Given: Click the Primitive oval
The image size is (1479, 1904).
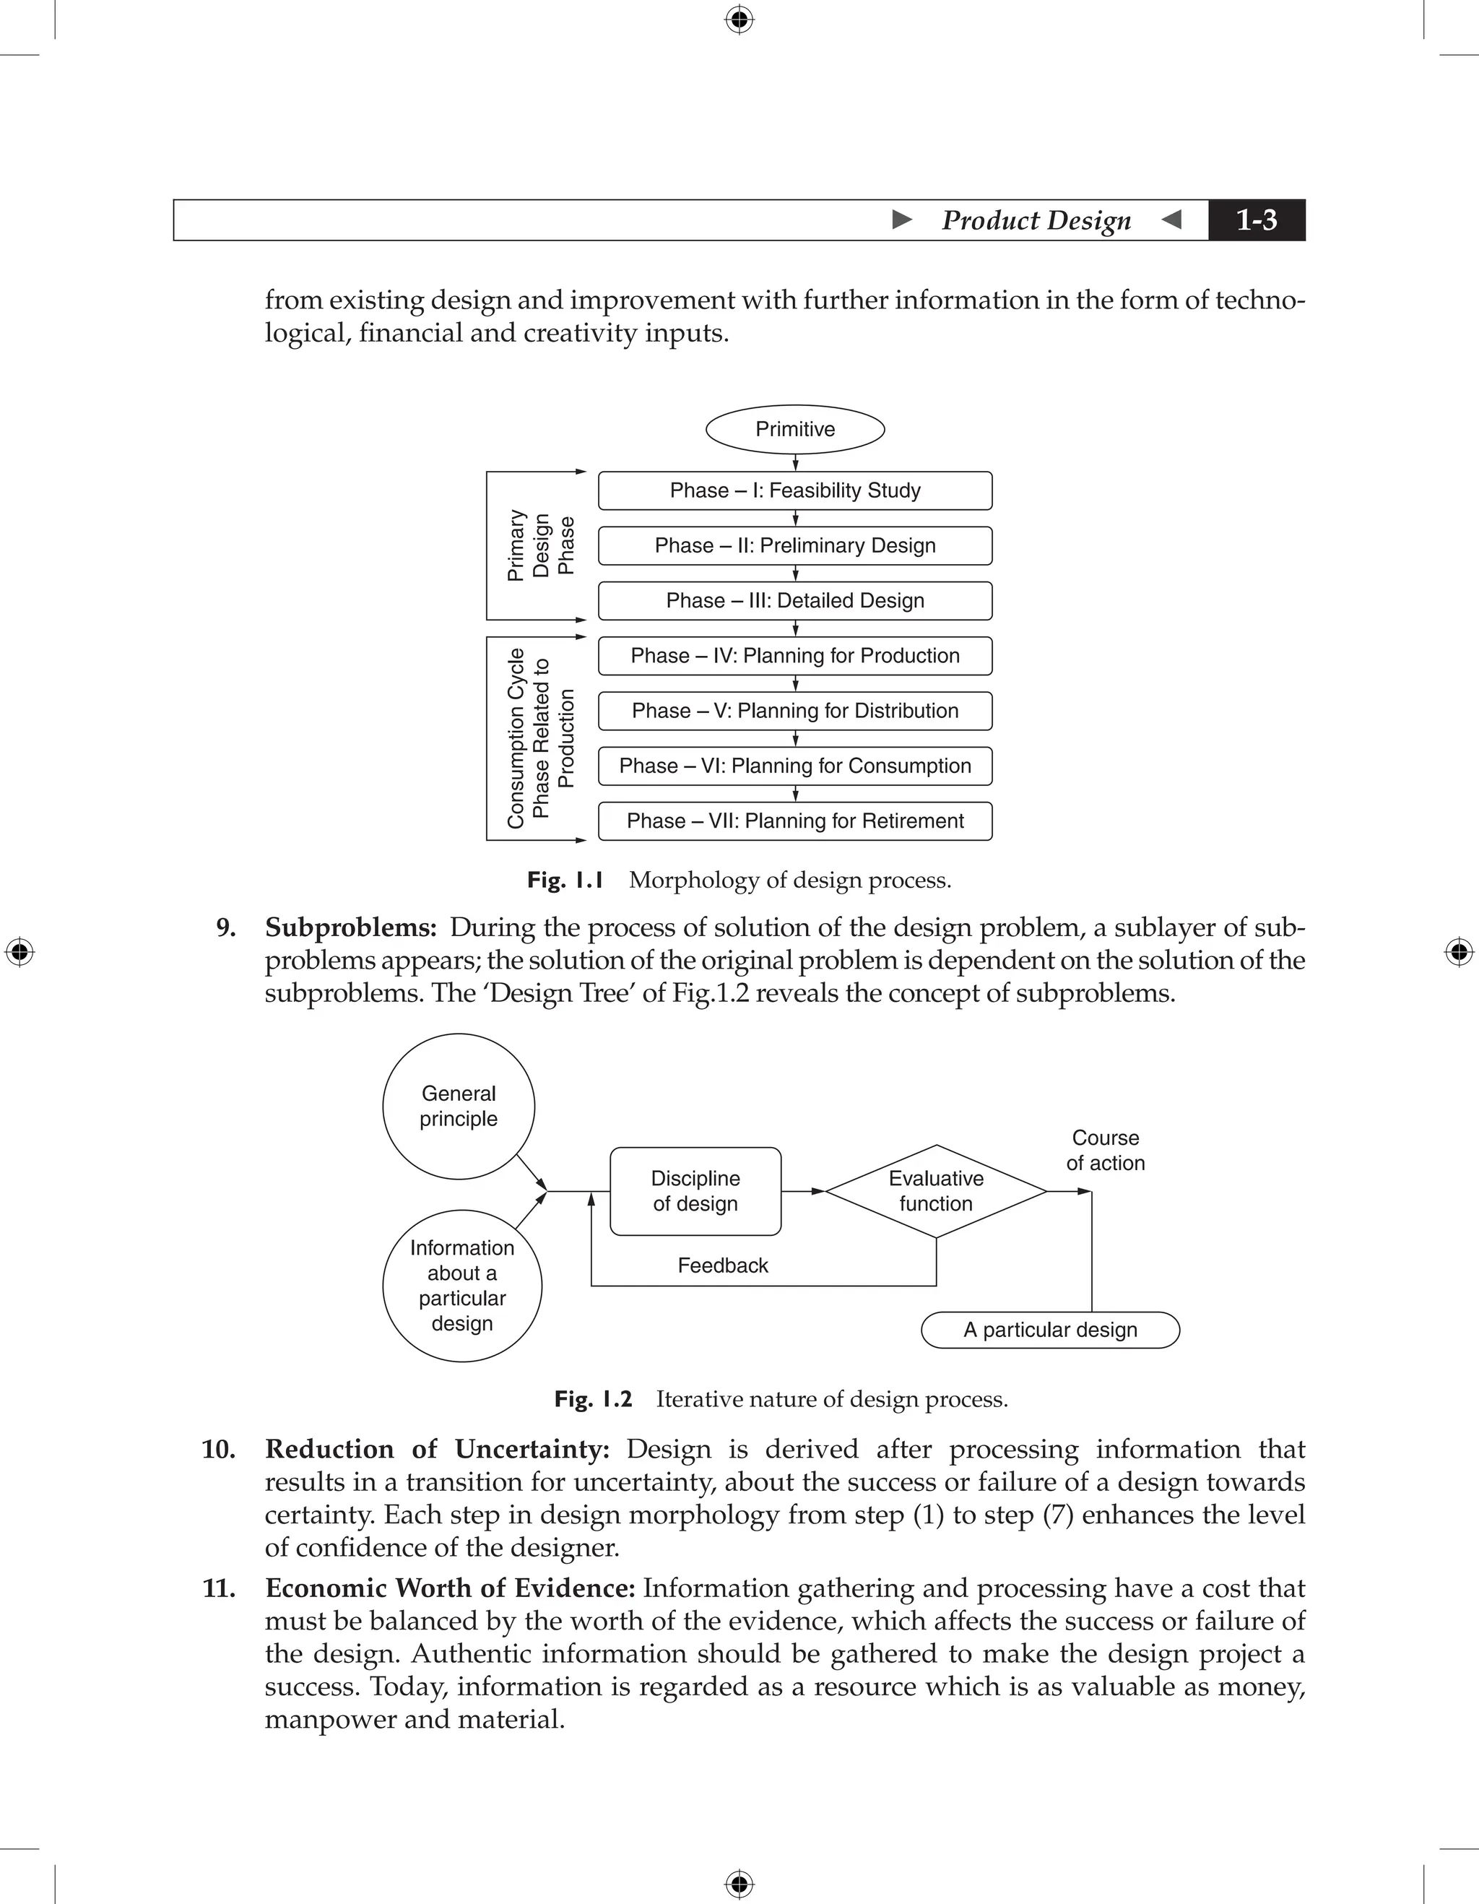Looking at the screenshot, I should coord(795,429).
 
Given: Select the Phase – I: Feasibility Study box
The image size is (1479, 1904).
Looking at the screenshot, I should coord(795,491).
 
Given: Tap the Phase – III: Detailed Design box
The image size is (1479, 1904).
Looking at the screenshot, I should coord(795,601).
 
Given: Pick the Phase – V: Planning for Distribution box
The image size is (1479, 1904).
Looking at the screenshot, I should coord(795,711).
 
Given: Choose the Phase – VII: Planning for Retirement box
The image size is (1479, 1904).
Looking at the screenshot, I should coord(795,821).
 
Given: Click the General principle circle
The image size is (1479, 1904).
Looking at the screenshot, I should coord(459,1107).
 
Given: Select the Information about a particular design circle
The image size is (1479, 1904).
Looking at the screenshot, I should coord(462,1285).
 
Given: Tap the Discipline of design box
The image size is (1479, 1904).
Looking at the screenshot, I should coord(695,1191).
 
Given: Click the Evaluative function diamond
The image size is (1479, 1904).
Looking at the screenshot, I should coord(936,1191).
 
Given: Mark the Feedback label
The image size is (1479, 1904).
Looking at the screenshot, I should coord(722,1265).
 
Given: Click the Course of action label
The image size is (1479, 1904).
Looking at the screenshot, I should coord(1105,1150).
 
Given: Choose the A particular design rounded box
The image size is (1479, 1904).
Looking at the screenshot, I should coord(1050,1330).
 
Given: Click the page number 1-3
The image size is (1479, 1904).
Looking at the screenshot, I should coord(1256,220).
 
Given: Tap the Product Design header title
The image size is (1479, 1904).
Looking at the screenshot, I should coord(1036,220).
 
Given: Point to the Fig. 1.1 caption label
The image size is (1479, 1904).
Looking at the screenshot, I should coord(565,880).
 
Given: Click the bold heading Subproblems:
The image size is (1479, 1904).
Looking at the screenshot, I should coord(350,927).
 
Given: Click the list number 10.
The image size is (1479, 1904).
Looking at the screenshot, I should coord(219,1450).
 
